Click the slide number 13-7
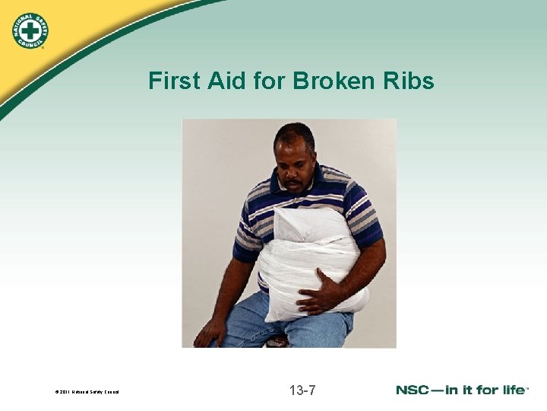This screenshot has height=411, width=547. coord(302,390)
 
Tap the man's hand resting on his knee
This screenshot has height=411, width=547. coord(208,332)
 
